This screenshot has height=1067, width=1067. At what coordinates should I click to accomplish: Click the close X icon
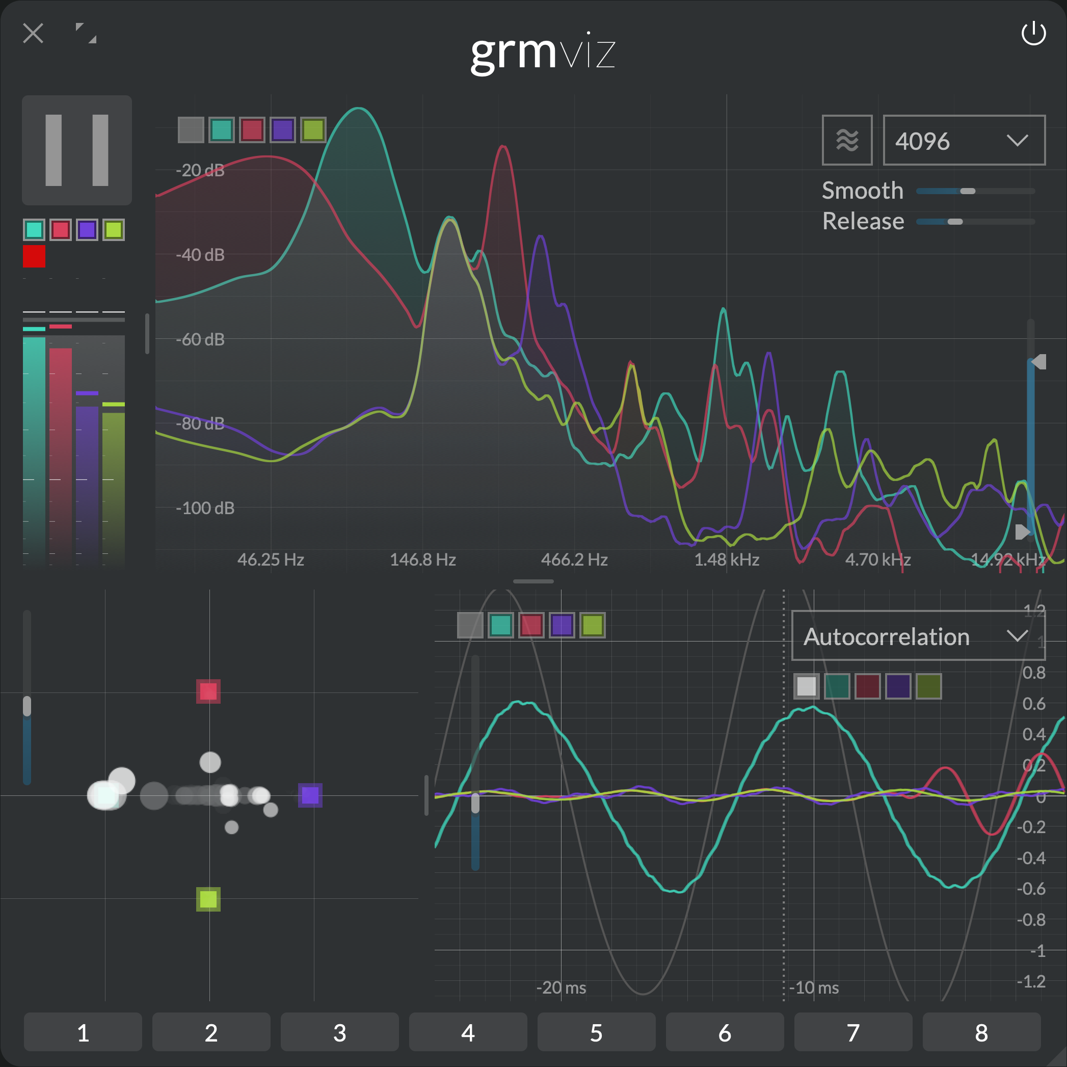click(x=33, y=34)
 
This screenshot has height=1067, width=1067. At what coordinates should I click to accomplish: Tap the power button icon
click(x=1033, y=34)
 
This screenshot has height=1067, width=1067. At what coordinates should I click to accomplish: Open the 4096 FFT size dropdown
click(x=964, y=140)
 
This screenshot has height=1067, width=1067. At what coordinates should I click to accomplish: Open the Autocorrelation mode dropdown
click(x=918, y=636)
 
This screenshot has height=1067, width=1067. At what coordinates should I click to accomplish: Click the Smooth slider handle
click(x=968, y=191)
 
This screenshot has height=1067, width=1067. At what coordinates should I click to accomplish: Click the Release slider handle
click(x=955, y=222)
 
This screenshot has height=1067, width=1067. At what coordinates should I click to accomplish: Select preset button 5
click(x=596, y=1032)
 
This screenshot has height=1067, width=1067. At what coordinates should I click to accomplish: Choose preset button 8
click(x=981, y=1032)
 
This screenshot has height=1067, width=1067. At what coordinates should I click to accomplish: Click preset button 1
click(x=83, y=1032)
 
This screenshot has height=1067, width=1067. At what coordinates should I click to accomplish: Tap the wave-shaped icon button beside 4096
click(x=847, y=140)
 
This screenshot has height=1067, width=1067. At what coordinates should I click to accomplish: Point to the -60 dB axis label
click(x=200, y=339)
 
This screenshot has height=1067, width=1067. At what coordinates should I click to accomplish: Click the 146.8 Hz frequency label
click(x=422, y=559)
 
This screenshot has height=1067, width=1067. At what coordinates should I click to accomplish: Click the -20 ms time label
click(x=561, y=988)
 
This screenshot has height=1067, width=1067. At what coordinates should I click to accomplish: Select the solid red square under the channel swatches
click(x=34, y=256)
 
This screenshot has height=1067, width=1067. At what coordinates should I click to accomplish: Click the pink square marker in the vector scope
click(x=208, y=691)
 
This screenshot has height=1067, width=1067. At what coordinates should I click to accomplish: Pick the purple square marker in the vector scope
click(x=310, y=795)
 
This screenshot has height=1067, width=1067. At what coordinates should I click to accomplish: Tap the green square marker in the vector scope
click(x=208, y=899)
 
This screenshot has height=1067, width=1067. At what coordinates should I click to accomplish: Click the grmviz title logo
click(x=542, y=52)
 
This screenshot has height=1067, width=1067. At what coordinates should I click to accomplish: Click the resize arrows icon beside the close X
click(x=86, y=33)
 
